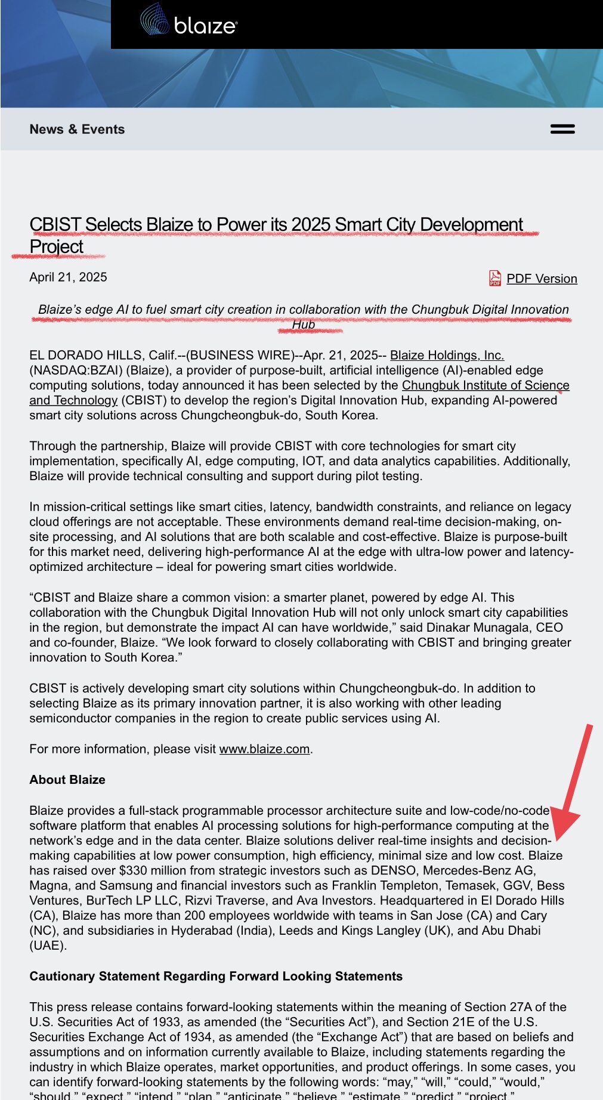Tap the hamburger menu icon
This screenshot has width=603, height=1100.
pos(562,129)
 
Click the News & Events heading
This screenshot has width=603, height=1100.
pos(77,129)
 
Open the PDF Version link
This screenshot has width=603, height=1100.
pos(542,279)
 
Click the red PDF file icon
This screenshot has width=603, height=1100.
pos(495,278)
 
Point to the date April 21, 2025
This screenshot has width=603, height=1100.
pos(68,277)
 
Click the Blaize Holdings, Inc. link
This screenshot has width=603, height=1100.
pos(447,356)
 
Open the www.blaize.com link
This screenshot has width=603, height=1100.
pos(264,749)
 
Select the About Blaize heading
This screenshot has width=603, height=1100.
pos(67,780)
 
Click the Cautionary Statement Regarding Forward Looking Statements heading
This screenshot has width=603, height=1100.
pos(216,977)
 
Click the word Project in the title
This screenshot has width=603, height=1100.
pos(57,247)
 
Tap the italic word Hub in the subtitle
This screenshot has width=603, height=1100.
pos(303,325)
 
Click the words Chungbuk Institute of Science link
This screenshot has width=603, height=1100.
pos(486,385)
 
